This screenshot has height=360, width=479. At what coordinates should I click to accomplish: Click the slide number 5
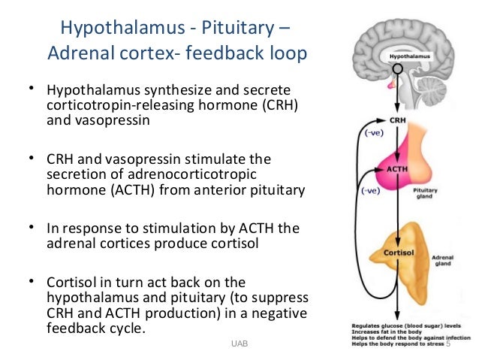point(448,345)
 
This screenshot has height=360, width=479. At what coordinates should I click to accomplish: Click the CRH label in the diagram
point(398,119)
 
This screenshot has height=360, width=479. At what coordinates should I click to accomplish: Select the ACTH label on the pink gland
point(397,169)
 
